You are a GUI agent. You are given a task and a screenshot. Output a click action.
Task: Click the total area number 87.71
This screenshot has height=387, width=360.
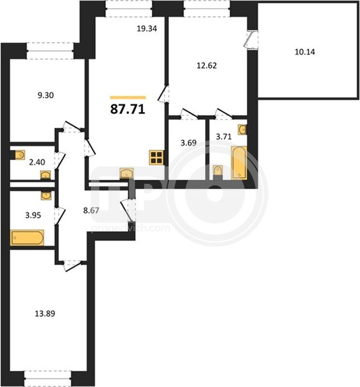click(x=128, y=109)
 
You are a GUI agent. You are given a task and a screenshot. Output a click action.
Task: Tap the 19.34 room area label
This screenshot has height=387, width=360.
click(x=147, y=29)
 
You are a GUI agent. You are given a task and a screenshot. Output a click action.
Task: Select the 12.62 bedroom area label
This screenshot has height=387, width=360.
click(x=207, y=65)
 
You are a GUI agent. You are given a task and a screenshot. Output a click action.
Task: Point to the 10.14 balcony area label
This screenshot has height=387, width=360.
click(x=305, y=52)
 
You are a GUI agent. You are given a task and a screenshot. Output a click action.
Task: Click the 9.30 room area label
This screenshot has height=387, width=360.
click(x=45, y=95)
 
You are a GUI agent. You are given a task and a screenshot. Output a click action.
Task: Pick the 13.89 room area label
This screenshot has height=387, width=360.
click(x=45, y=313)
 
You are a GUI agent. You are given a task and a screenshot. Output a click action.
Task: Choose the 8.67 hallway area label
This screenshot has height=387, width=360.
click(x=91, y=210)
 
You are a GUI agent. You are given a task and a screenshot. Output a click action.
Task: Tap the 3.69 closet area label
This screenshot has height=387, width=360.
click(x=188, y=143)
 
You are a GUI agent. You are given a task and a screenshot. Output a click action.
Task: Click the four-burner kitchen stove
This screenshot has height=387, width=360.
click(x=157, y=158)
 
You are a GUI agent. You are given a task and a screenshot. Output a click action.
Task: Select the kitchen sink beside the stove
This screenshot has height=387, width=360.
click(x=127, y=173)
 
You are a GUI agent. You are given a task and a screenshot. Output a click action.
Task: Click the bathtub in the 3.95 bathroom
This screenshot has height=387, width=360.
click(x=27, y=238)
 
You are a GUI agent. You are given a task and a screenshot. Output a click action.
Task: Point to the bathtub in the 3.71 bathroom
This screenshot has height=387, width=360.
click(x=239, y=163)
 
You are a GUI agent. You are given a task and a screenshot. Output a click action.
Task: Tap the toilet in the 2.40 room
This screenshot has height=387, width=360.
click(x=19, y=155)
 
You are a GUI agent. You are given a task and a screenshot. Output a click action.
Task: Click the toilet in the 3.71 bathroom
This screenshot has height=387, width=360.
click(x=218, y=172)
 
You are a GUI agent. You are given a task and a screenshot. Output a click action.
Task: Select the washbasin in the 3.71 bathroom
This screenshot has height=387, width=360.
click(x=242, y=130)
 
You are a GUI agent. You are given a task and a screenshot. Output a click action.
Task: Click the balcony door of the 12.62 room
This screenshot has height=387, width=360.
click(x=251, y=40)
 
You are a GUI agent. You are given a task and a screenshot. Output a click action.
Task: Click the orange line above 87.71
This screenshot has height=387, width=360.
click(x=128, y=98)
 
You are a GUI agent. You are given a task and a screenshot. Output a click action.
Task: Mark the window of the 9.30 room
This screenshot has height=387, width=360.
click(x=50, y=51)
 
